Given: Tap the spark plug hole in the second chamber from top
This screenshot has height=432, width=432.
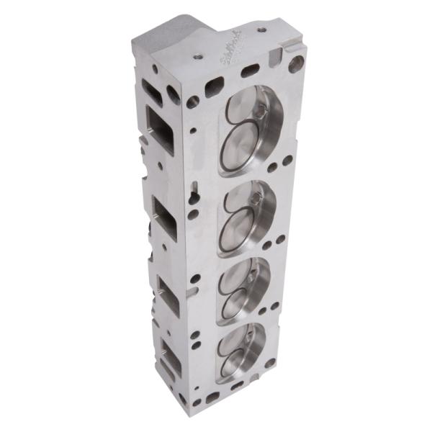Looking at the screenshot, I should click(x=253, y=196).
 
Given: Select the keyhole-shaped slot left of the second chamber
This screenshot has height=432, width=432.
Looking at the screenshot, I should click(x=194, y=194).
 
